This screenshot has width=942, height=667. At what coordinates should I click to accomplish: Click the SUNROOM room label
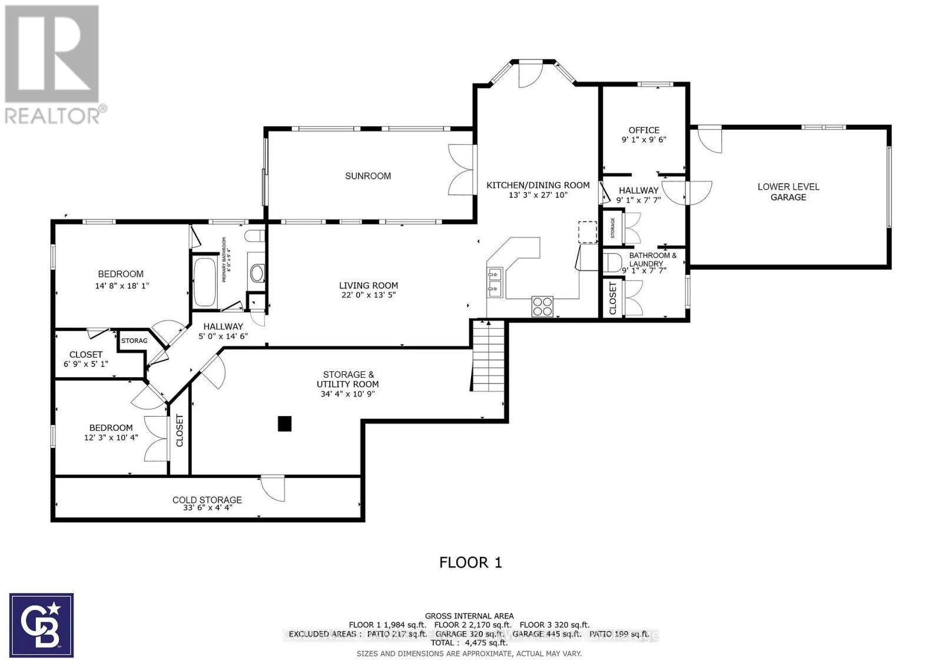tap(368, 176)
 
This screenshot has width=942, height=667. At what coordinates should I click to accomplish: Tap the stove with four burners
tap(542, 306)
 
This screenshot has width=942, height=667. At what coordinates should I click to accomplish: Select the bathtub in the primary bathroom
tap(205, 282)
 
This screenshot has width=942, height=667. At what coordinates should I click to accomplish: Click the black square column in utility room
tap(285, 424)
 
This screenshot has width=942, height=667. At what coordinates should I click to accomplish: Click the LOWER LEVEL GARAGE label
tap(788, 192)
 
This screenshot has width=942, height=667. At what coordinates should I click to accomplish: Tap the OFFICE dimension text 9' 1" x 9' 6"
tap(644, 140)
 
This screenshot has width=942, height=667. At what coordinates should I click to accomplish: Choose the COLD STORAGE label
tap(207, 500)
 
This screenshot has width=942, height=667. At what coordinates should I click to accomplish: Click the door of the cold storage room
tap(272, 489)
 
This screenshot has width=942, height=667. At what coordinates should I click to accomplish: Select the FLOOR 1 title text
tap(470, 562)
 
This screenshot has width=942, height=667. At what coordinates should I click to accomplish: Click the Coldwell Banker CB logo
tap(41, 625)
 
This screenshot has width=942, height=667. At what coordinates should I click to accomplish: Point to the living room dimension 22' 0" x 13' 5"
tap(368, 295)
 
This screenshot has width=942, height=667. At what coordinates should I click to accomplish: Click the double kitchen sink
tap(494, 281)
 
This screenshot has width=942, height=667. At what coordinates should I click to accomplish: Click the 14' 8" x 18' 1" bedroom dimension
tap(122, 286)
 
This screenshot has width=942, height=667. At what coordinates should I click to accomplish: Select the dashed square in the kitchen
tap(587, 232)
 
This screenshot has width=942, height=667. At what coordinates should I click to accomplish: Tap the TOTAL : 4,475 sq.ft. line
tap(469, 643)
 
